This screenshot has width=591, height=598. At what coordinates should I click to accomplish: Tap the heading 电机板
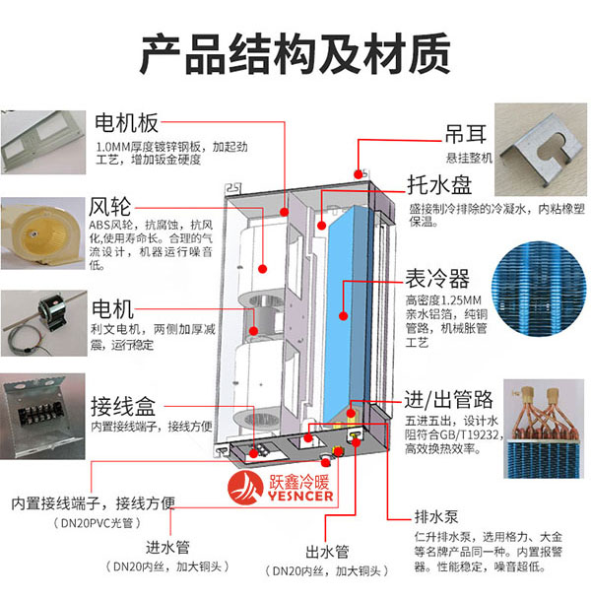tap(126, 125)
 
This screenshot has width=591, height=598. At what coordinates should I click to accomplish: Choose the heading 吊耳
tap(435, 132)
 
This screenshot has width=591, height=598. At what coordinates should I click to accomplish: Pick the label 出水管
tap(326, 552)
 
